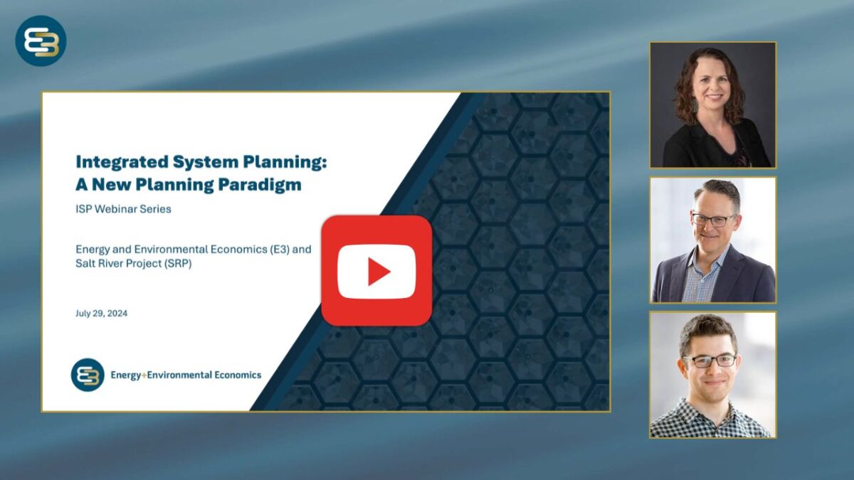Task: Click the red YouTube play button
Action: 376,271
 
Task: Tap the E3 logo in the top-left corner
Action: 41,41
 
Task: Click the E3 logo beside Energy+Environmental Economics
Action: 88,375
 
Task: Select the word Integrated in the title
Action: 122,162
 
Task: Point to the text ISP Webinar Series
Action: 123,209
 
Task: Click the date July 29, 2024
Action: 101,313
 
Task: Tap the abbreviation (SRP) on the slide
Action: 178,263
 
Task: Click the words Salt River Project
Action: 118,263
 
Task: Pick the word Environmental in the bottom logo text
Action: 179,375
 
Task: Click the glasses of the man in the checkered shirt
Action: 710,361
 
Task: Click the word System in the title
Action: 206,162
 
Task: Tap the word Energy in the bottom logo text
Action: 125,375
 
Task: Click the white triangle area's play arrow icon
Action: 378,271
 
